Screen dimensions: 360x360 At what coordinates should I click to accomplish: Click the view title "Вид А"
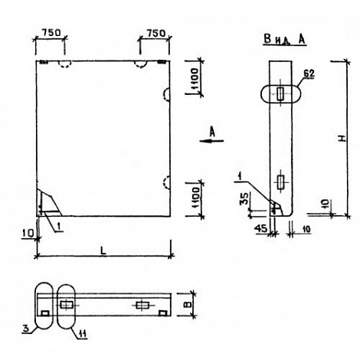point(284,40)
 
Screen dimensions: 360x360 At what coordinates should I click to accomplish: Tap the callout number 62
point(309,74)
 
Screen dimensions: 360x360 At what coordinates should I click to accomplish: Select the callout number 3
point(25,329)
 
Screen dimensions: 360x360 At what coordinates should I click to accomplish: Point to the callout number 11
point(82,333)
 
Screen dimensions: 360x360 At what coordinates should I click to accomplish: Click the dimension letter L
point(103,250)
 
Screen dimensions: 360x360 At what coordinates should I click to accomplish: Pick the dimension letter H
point(342,139)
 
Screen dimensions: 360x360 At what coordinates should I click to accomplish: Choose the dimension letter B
point(188,305)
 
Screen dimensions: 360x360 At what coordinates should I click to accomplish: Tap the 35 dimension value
point(244,199)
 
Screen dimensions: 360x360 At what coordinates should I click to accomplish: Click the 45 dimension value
point(261,229)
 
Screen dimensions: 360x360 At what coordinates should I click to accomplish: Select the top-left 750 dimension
point(51,33)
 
